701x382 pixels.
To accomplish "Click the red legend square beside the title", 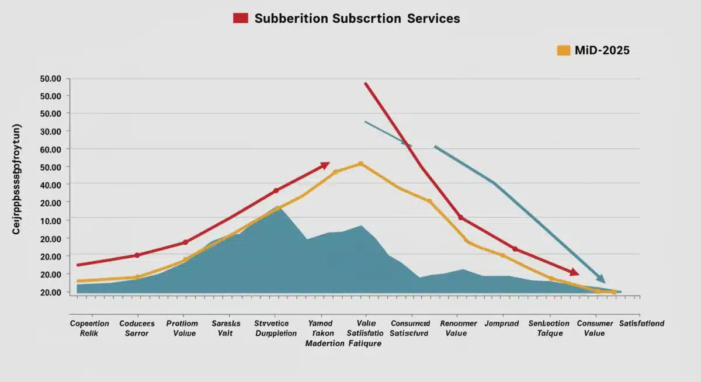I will pyautogui.click(x=240, y=18).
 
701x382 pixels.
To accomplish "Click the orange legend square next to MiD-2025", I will pyautogui.click(x=563, y=50).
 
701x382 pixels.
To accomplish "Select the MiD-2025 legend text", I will pyautogui.click(x=602, y=50).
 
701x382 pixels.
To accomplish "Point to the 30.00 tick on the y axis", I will pyautogui.click(x=51, y=131).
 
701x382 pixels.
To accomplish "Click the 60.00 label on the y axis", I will pyautogui.click(x=51, y=150).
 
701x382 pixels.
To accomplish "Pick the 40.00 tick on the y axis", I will pyautogui.click(x=51, y=185).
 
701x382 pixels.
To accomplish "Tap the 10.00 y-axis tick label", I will pyautogui.click(x=51, y=221).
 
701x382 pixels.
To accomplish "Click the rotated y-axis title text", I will pyautogui.click(x=16, y=179).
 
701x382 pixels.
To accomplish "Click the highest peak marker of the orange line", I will pyautogui.click(x=360, y=164).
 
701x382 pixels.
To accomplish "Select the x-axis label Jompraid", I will pyautogui.click(x=502, y=324).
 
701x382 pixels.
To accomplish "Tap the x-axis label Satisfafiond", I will pyautogui.click(x=641, y=324).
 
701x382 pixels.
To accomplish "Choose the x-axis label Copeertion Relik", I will pyautogui.click(x=89, y=328).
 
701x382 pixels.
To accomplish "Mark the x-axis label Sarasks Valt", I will pyautogui.click(x=225, y=328).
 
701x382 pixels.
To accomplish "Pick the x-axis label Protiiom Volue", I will pyautogui.click(x=182, y=328).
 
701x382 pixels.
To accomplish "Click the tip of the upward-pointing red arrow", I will pyautogui.click(x=329, y=163).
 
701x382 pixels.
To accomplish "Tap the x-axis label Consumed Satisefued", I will pyautogui.click(x=410, y=328).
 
